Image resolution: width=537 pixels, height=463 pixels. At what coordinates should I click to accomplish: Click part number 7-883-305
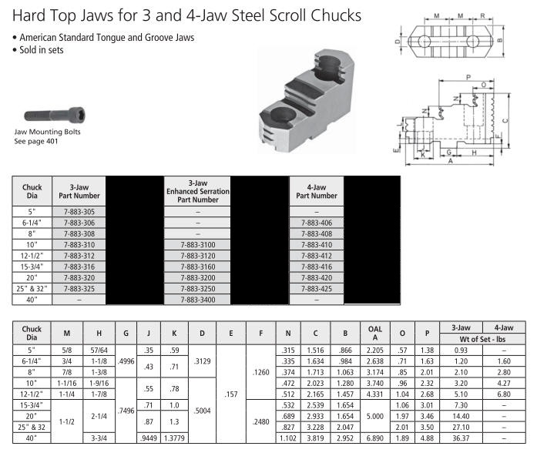pos(79,212)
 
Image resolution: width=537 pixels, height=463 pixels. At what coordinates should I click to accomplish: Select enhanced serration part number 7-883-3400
pos(198,300)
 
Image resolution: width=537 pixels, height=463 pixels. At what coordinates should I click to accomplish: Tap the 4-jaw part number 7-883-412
pos(317,256)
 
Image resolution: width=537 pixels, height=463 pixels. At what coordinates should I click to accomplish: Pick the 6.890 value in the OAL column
pos(374,438)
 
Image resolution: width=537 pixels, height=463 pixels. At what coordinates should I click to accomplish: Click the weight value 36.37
pos(461,438)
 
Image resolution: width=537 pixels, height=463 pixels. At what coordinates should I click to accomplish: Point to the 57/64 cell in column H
pos(99,351)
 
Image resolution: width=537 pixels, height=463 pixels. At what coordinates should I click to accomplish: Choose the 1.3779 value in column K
pos(174,438)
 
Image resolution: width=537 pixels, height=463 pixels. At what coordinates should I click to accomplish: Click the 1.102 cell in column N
pos(288,438)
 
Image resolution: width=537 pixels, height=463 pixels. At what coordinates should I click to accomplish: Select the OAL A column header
pos(375,334)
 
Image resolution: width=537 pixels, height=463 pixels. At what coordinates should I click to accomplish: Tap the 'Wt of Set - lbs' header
pos(482,340)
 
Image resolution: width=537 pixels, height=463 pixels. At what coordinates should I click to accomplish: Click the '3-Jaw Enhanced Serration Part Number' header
pos(198,191)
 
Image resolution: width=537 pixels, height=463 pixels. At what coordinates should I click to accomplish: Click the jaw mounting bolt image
pos(55,115)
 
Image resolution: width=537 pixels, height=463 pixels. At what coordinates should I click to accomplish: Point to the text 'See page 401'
pos(36,141)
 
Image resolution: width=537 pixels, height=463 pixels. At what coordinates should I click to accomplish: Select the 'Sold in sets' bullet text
pos(42,50)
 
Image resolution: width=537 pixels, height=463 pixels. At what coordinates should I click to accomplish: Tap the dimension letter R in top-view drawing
pos(482,15)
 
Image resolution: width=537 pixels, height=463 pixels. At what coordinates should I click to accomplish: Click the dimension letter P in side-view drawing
pos(468,77)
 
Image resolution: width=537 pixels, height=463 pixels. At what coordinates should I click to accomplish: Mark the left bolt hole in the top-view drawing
pos(424,42)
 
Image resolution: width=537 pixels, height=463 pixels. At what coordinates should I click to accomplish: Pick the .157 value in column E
pos(231,394)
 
